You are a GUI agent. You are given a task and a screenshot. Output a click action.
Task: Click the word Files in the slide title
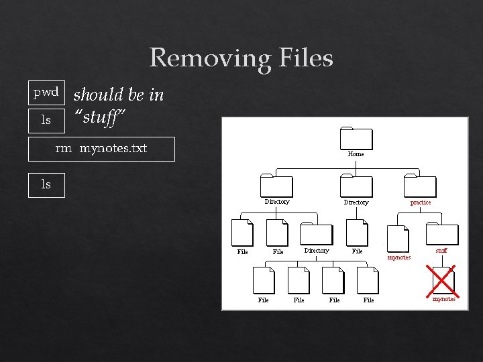[x=306, y=58]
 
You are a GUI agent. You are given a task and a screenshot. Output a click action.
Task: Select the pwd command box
[x=46, y=92]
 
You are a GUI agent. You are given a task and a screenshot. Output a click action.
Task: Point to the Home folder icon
[x=356, y=137]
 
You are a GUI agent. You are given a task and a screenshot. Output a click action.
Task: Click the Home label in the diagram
[x=356, y=154]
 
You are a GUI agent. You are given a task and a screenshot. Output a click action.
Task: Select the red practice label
[x=421, y=202]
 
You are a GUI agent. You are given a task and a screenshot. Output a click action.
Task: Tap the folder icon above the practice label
[x=420, y=186]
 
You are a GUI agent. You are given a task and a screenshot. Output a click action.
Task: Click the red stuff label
[x=441, y=251]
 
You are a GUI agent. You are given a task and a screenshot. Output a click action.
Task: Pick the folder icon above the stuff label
[x=442, y=234]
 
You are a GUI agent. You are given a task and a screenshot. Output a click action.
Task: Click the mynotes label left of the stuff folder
[x=399, y=257]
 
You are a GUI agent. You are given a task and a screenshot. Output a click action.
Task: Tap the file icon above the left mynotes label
[x=398, y=238]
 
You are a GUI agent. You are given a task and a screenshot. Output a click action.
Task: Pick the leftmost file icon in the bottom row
[x=264, y=280]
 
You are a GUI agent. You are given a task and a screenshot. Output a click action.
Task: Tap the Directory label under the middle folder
[x=356, y=202]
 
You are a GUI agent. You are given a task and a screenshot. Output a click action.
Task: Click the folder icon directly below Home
[x=356, y=186]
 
